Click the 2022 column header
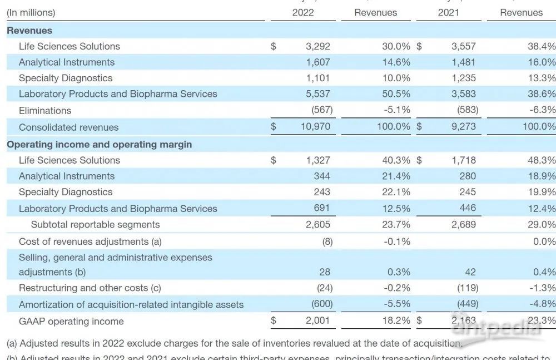click(303, 12)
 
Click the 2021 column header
click(449, 12)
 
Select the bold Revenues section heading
click(29, 31)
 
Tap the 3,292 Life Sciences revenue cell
click(318, 46)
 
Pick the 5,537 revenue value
click(318, 93)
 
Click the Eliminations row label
click(45, 110)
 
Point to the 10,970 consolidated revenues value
click(315, 127)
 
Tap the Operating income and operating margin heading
click(100, 144)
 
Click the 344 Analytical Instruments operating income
click(322, 176)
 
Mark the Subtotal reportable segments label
click(95, 225)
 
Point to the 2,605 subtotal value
click(318, 225)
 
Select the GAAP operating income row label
click(71, 321)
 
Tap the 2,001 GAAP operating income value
click(318, 321)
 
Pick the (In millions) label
click(31, 12)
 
